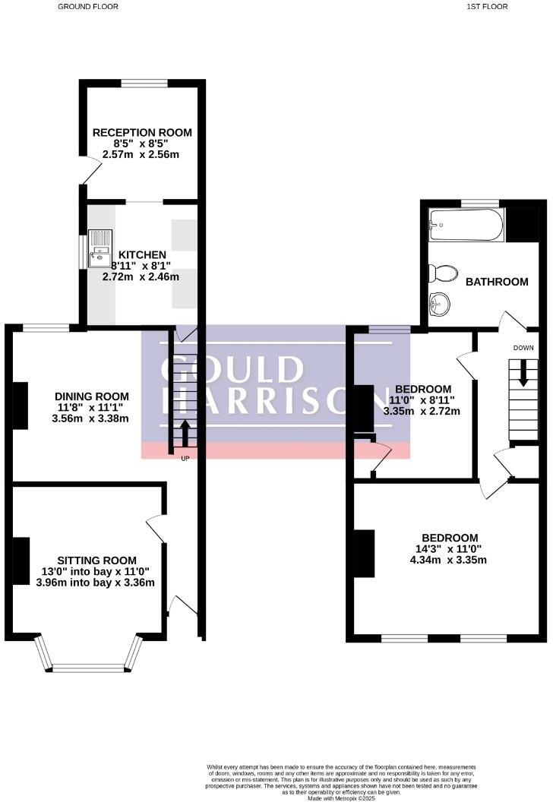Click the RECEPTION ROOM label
click(x=142, y=132)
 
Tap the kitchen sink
click(x=99, y=248)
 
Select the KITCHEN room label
click(x=141, y=254)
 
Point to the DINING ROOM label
click(x=91, y=396)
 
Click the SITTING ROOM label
click(x=95, y=560)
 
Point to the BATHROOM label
click(x=496, y=282)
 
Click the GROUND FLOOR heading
click(x=88, y=6)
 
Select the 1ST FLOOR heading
click(x=487, y=6)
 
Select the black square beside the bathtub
click(x=522, y=224)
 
